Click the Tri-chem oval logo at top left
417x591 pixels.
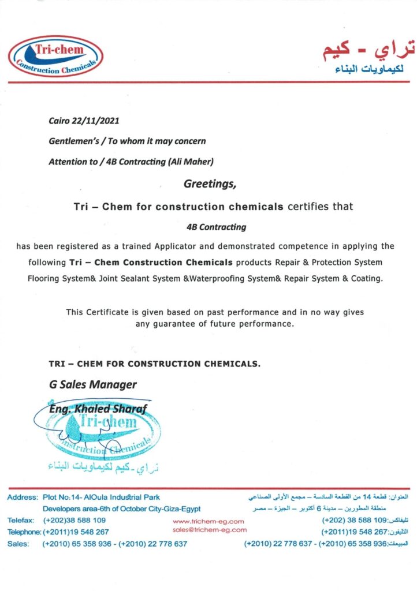pyautogui.click(x=55, y=56)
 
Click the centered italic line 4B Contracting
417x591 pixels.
pyautogui.click(x=208, y=227)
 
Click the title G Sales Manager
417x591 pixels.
pyautogui.click(x=93, y=384)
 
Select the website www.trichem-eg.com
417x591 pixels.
pyautogui.click(x=208, y=521)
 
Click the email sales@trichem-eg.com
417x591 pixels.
pyautogui.click(x=209, y=529)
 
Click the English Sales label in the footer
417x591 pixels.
pyautogui.click(x=18, y=544)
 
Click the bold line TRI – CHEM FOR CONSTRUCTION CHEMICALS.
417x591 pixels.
pyautogui.click(x=155, y=364)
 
